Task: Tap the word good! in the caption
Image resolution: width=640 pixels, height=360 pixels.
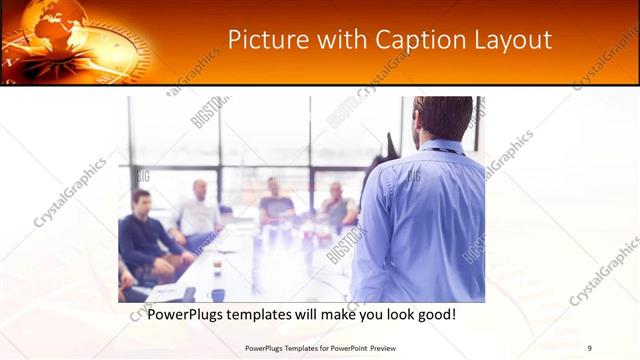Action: point(435,314)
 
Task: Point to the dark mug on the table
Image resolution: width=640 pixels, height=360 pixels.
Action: point(217,294)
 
